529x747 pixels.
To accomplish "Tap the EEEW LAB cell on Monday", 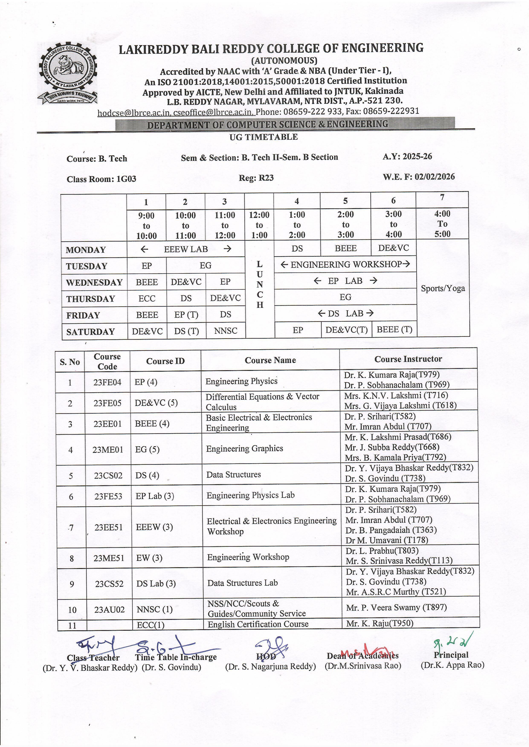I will click(186, 249).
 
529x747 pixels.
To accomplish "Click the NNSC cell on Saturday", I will click(225, 331).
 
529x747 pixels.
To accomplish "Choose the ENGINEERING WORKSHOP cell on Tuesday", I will click(345, 265).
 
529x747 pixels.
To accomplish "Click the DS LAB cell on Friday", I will click(345, 313).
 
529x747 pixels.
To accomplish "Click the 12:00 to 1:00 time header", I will click(259, 225).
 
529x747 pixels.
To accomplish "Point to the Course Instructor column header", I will click(408, 359).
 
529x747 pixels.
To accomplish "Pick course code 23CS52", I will click(109, 584).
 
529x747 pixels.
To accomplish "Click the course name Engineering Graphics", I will click(244, 449).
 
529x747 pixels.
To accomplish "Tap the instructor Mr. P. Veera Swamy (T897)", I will click(396, 607).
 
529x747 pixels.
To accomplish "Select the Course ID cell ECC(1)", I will click(151, 625).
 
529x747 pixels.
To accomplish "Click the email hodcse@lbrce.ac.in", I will click(134, 112).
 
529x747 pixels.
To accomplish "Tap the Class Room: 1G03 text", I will click(101, 179).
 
